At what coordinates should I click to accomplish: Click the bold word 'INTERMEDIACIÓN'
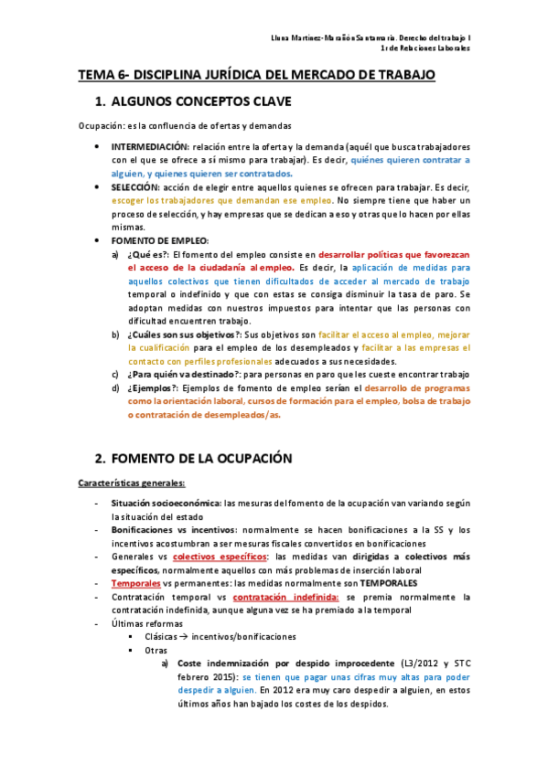150,146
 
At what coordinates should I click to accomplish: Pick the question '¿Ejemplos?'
154,387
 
